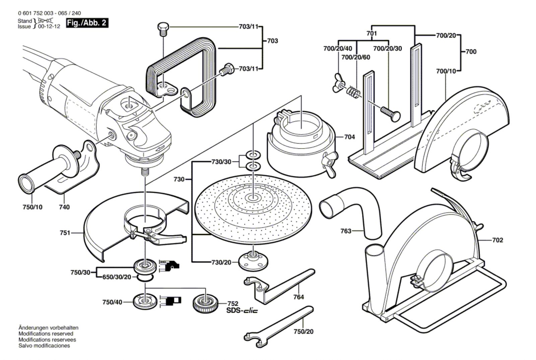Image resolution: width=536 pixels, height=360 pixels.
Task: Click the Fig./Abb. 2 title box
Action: click(x=87, y=23)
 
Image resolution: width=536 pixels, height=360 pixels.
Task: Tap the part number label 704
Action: click(x=349, y=137)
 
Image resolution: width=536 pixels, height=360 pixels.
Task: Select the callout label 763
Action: click(x=346, y=231)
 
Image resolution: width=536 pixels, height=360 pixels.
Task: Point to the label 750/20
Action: click(x=304, y=332)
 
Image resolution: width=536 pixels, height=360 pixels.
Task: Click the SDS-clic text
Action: click(x=242, y=311)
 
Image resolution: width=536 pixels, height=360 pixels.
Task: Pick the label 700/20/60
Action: click(x=355, y=57)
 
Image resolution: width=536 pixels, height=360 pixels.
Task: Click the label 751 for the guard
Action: click(x=65, y=233)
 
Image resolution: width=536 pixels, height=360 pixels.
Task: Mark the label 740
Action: click(x=64, y=207)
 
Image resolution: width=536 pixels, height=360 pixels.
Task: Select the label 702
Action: click(x=497, y=240)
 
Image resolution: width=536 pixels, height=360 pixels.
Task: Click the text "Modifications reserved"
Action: click(x=46, y=334)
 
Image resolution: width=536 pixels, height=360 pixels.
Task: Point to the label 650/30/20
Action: click(x=117, y=277)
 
